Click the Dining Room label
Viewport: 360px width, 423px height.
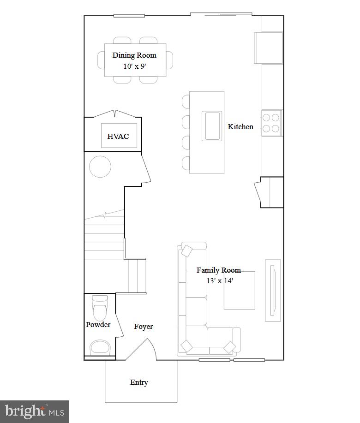pyautogui.click(x=134, y=55)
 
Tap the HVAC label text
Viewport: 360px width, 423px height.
pyautogui.click(x=118, y=136)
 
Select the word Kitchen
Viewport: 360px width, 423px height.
pyautogui.click(x=240, y=126)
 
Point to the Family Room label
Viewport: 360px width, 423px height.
pyautogui.click(x=219, y=270)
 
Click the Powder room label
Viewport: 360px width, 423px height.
pyautogui.click(x=98, y=325)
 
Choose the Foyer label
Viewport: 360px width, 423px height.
pyautogui.click(x=144, y=327)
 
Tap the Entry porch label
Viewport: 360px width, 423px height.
pyautogui.click(x=139, y=382)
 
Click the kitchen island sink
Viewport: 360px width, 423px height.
pyautogui.click(x=212, y=125)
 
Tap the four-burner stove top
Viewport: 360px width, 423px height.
pyautogui.click(x=271, y=123)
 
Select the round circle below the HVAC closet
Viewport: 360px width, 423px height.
pyautogui.click(x=100, y=167)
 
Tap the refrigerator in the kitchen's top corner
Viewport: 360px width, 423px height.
pyautogui.click(x=268, y=48)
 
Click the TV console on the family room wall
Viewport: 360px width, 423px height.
pyautogui.click(x=273, y=290)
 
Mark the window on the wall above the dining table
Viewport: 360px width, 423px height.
pyautogui.click(x=129, y=16)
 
